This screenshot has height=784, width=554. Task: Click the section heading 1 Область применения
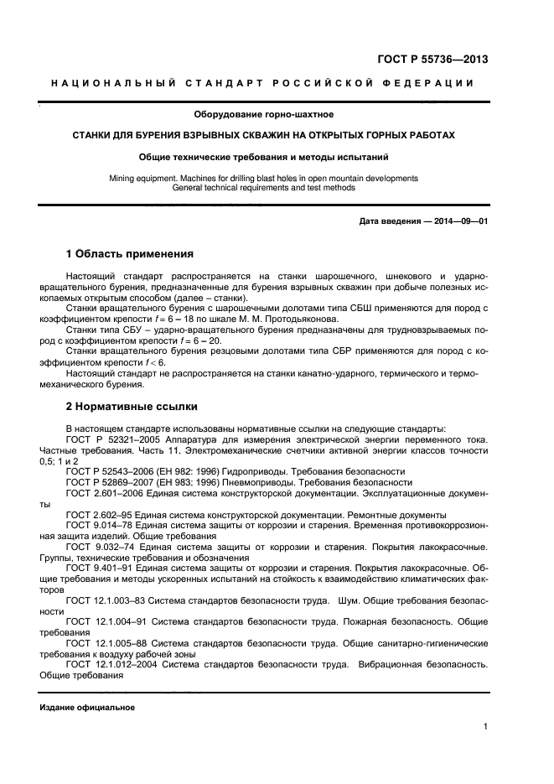coord(130,254)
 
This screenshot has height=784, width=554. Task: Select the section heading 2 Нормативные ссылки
coord(132,407)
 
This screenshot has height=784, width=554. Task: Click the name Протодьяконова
coord(276,319)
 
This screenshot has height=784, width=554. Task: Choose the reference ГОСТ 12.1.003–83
coord(103,601)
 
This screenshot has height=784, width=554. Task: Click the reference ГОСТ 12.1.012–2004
coord(107,664)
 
